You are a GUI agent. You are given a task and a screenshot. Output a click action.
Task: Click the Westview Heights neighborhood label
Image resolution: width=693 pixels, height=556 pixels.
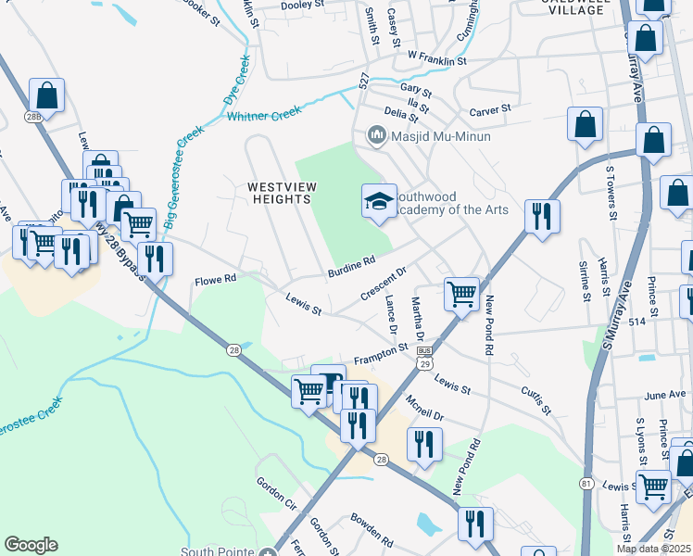[282, 193]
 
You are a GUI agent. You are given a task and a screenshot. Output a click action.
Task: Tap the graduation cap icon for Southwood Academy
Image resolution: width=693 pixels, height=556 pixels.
[378, 201]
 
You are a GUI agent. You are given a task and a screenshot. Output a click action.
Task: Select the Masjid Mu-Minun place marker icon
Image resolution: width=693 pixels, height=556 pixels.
[376, 135]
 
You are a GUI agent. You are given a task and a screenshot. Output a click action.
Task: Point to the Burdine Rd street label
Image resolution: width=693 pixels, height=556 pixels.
[351, 266]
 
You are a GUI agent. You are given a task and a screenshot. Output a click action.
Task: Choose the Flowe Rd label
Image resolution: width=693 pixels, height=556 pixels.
[216, 278]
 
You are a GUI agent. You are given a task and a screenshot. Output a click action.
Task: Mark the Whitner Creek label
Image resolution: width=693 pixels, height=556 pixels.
[264, 116]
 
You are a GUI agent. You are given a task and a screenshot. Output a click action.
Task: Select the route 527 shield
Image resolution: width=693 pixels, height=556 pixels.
[364, 82]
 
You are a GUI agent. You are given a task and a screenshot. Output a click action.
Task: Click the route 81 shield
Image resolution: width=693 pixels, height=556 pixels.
[586, 483]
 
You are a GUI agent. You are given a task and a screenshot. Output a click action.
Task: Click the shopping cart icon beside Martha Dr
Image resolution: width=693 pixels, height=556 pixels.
[460, 296]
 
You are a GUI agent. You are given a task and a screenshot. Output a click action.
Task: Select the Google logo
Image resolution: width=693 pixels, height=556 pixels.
[31, 545]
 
